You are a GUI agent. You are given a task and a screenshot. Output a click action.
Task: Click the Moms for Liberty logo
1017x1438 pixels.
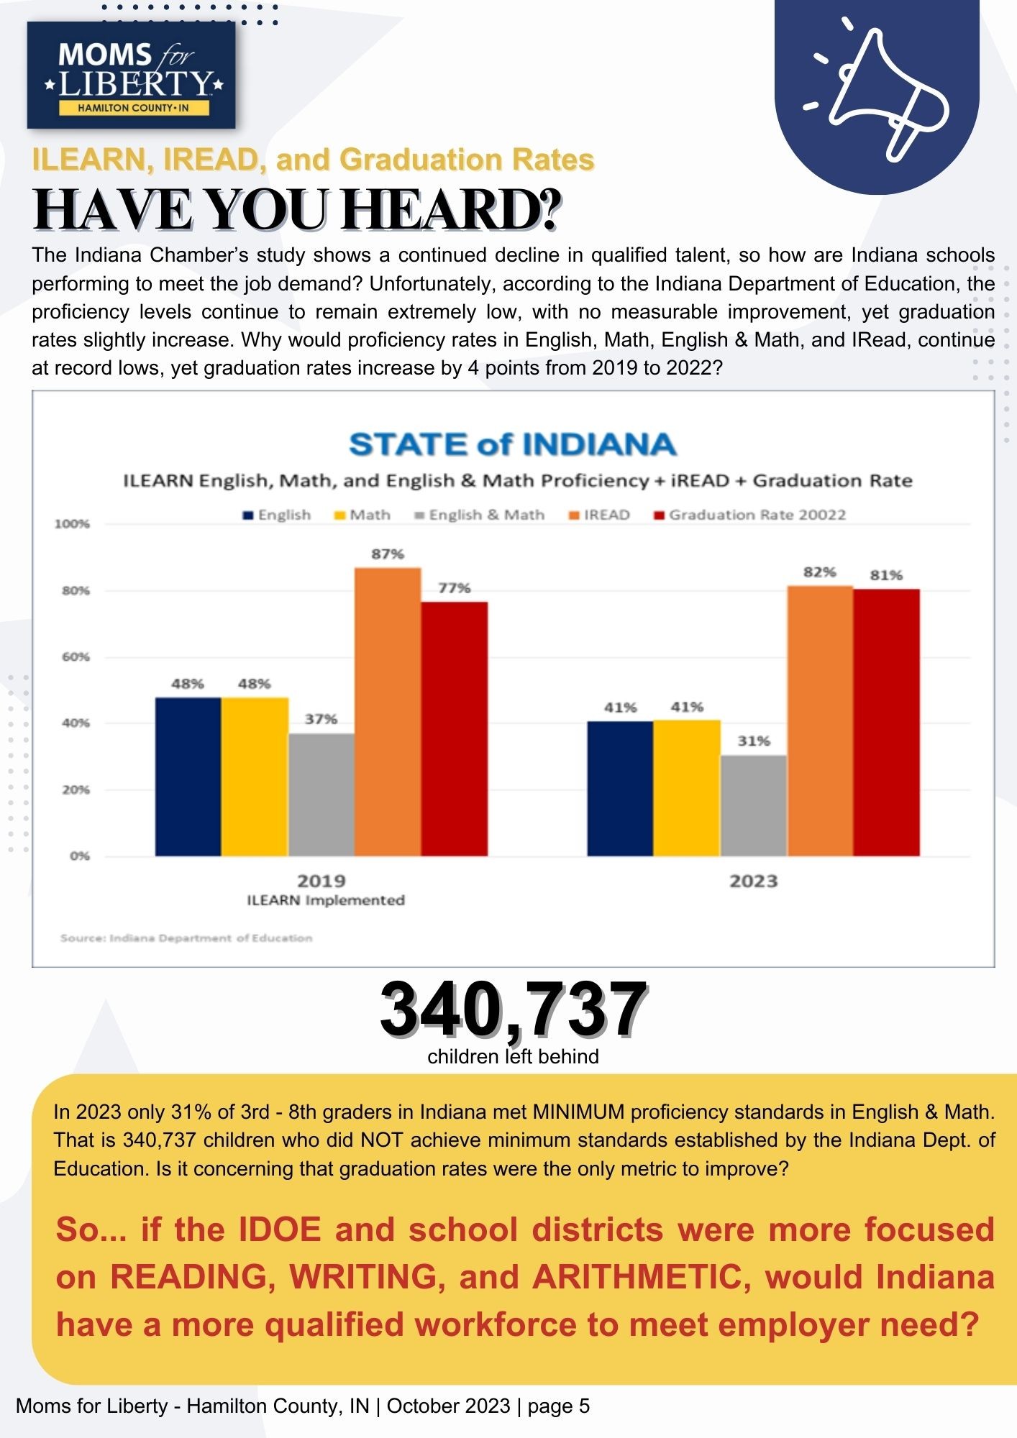(132, 75)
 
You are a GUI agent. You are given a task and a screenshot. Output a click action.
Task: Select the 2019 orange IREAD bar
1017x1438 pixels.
(388, 712)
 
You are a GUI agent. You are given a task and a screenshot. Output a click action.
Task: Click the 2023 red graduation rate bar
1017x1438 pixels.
(886, 723)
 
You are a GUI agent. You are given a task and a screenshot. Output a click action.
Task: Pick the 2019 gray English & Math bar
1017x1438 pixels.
(321, 794)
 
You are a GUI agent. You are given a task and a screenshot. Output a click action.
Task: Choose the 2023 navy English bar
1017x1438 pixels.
(620, 788)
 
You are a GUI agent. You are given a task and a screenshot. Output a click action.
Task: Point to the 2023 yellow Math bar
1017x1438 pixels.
(687, 788)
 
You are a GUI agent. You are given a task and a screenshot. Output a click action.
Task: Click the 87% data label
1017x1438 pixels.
(388, 554)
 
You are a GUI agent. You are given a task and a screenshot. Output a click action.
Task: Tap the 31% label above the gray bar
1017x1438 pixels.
(754, 741)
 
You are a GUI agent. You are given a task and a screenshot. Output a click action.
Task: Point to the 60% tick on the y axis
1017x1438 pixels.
(76, 657)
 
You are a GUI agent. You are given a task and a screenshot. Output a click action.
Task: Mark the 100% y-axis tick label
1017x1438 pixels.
(73, 524)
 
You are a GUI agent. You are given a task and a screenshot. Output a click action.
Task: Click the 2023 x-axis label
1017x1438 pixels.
(754, 881)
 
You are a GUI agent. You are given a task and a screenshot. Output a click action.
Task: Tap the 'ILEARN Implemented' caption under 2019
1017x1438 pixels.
(326, 900)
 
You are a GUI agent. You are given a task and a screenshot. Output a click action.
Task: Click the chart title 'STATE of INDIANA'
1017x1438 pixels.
(513, 444)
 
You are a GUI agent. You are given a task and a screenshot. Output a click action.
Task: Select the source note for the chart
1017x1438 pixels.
(186, 938)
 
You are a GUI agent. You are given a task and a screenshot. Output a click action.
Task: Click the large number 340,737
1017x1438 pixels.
(513, 1009)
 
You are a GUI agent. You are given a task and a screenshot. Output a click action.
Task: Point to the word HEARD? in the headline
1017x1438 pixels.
(452, 210)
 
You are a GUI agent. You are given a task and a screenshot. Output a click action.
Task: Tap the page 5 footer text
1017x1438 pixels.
(559, 1406)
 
